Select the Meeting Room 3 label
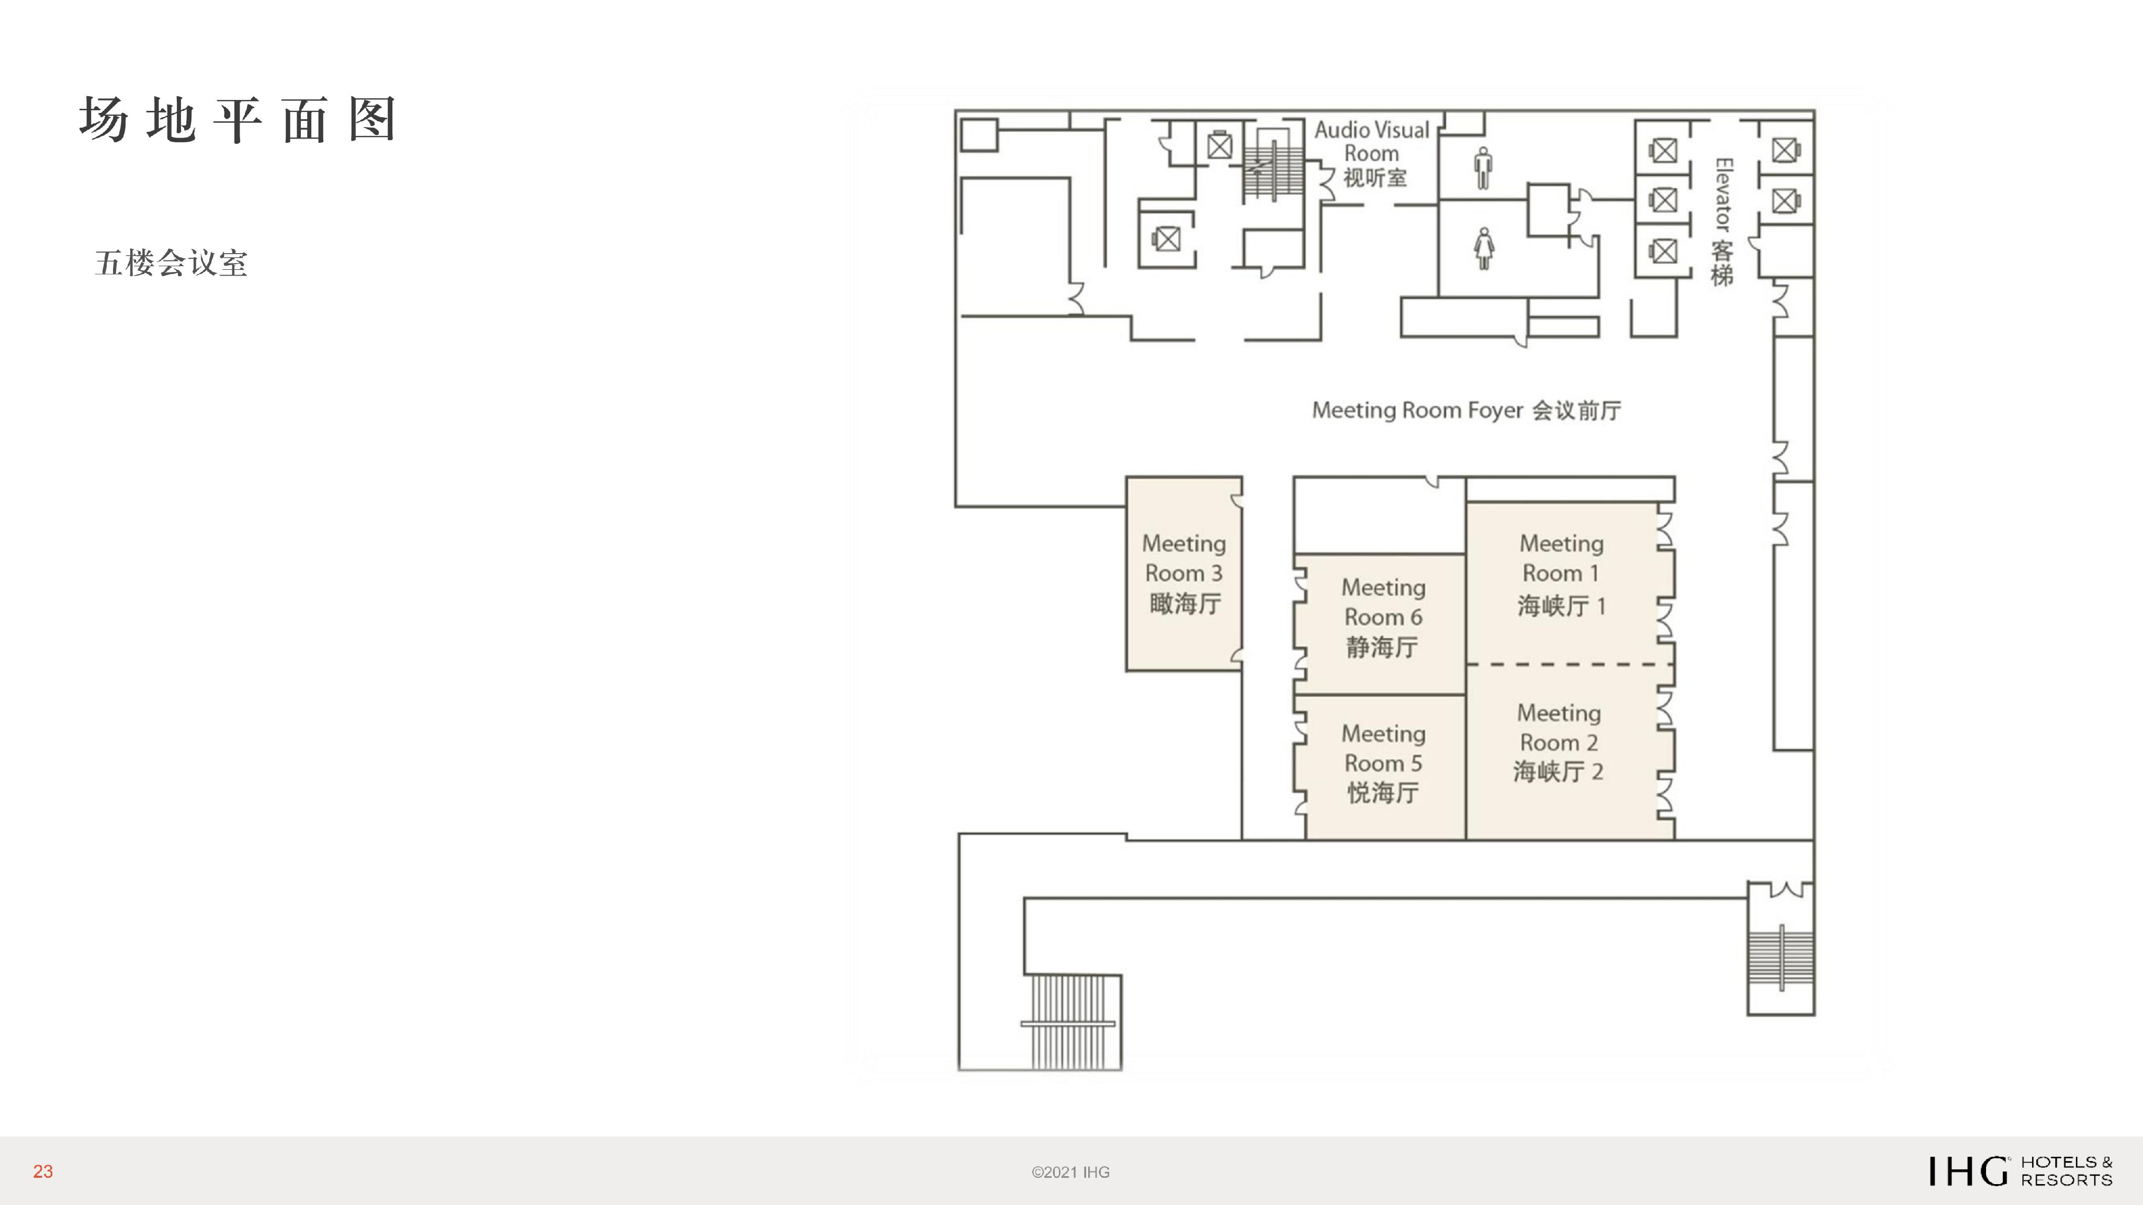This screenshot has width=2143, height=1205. [x=1184, y=574]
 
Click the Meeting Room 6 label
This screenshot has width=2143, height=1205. [x=1383, y=617]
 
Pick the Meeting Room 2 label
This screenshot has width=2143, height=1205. [x=1558, y=743]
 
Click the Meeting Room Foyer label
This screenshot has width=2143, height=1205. [x=1466, y=411]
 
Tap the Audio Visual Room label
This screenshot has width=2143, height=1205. [x=1372, y=154]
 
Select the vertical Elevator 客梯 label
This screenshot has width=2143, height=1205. [x=1722, y=222]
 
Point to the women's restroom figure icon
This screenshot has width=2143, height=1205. [x=1484, y=248]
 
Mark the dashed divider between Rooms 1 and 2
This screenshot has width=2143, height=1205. [x=1569, y=664]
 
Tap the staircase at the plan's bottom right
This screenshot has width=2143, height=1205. [x=1780, y=959]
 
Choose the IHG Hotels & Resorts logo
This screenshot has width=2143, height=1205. [x=2020, y=1171]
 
